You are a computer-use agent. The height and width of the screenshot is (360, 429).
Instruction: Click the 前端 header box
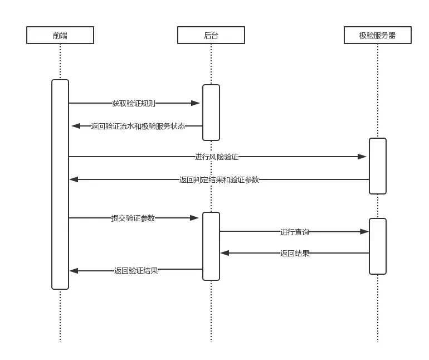(60, 35)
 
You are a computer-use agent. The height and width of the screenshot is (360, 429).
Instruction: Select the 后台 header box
(211, 35)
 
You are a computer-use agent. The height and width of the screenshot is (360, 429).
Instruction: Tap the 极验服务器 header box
(378, 35)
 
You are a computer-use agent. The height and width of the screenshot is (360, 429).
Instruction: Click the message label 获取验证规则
(134, 103)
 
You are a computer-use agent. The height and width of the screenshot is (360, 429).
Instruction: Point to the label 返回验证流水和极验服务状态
(138, 126)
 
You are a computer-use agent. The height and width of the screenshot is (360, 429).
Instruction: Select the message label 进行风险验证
(217, 157)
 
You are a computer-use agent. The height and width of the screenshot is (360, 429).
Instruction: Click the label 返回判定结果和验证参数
(219, 179)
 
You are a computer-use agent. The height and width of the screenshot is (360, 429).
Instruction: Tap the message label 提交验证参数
(133, 218)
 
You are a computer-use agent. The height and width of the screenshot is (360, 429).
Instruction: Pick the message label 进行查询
(295, 231)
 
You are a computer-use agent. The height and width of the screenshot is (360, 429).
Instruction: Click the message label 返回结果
(295, 253)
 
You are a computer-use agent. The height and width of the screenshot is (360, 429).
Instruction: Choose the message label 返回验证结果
(136, 271)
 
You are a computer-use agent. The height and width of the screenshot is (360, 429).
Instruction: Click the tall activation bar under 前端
(60, 184)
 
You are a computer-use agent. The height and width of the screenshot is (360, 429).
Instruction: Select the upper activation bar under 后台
(211, 112)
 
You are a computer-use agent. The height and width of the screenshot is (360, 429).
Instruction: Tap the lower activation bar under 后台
(211, 246)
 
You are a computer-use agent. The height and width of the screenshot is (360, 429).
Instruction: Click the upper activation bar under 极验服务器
(378, 166)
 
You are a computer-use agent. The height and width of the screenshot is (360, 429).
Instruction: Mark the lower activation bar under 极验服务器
(378, 246)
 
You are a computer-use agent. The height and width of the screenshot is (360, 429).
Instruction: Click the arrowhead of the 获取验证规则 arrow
(196, 103)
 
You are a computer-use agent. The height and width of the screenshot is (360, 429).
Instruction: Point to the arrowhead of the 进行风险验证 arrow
(362, 157)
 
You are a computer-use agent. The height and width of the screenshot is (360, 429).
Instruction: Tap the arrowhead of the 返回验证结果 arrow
(74, 271)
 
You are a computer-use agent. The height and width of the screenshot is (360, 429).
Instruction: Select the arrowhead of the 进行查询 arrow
(364, 231)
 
